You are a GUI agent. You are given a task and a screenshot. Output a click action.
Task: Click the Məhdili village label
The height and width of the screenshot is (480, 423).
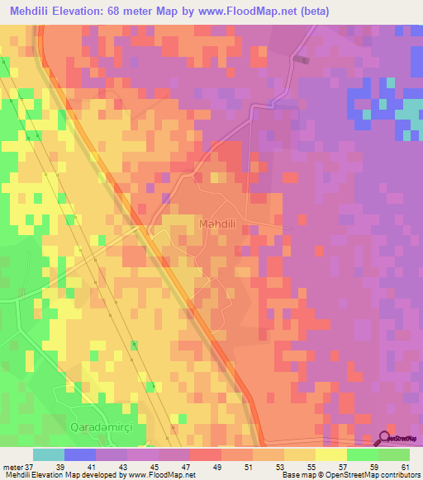[219, 224]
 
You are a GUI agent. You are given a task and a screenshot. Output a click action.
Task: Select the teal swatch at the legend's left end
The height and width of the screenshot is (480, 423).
[49, 455]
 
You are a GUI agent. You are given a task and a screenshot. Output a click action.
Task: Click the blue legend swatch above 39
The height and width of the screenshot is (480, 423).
[80, 455]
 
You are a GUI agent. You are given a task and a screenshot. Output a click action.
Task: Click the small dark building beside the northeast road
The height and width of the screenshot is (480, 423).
[302, 59]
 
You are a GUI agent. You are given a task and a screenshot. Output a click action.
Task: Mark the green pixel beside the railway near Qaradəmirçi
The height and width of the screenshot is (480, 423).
[151, 386]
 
